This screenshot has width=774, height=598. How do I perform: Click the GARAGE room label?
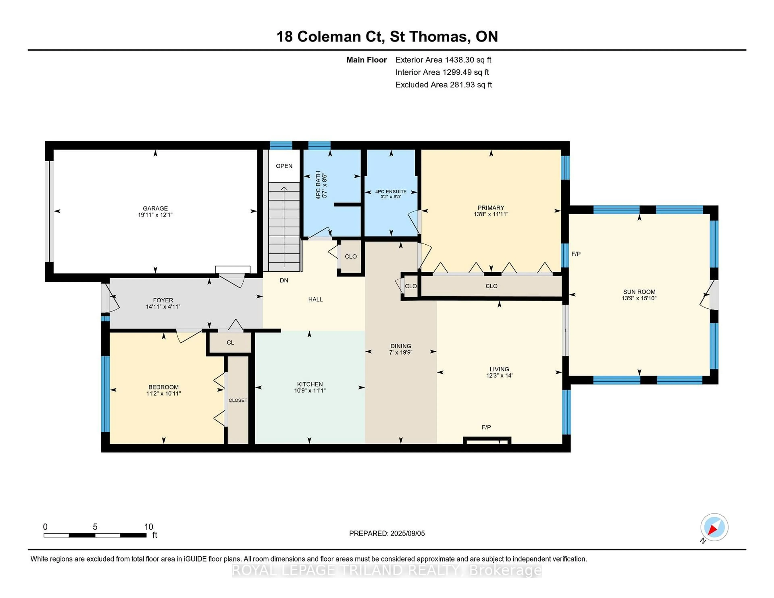pyautogui.click(x=155, y=208)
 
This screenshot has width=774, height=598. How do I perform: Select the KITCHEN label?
pyautogui.click(x=310, y=384)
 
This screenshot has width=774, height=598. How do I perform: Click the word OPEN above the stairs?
pyautogui.click(x=284, y=166)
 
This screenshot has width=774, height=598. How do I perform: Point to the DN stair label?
pyautogui.click(x=284, y=280)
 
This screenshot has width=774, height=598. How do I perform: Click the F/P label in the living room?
pyautogui.click(x=486, y=427)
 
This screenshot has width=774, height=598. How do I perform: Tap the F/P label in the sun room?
pyautogui.click(x=576, y=254)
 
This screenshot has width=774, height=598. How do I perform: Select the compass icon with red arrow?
pyautogui.click(x=714, y=527)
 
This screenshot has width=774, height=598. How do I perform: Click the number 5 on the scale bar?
pyautogui.click(x=95, y=527)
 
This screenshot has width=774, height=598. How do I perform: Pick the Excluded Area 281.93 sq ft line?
pyautogui.click(x=443, y=85)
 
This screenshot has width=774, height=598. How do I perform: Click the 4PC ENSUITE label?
pyautogui.click(x=391, y=191)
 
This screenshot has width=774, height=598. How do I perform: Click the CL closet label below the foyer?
pyautogui.click(x=230, y=343)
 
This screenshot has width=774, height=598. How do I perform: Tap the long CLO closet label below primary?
pyautogui.click(x=491, y=286)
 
